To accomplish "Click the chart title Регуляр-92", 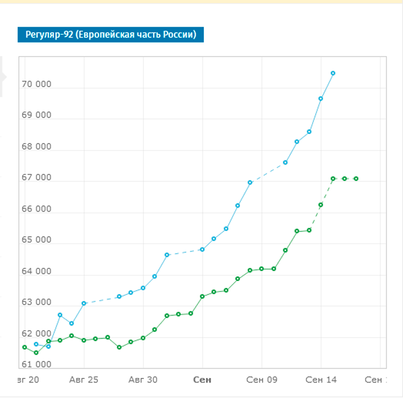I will (x=111, y=35).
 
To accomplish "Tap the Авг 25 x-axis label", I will (x=84, y=380).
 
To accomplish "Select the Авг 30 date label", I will (x=143, y=380).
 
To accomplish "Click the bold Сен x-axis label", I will (x=202, y=380).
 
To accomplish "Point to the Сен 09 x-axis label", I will (x=261, y=380).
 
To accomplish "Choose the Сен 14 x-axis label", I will (x=321, y=380).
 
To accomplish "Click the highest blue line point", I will (x=333, y=73).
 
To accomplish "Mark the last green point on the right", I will (x=356, y=179).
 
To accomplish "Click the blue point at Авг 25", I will (x=84, y=303).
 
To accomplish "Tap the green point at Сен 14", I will (x=321, y=205).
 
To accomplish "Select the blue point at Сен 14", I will (x=321, y=99).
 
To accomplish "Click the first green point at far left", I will (x=25, y=347).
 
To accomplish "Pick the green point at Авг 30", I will (x=143, y=338).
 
